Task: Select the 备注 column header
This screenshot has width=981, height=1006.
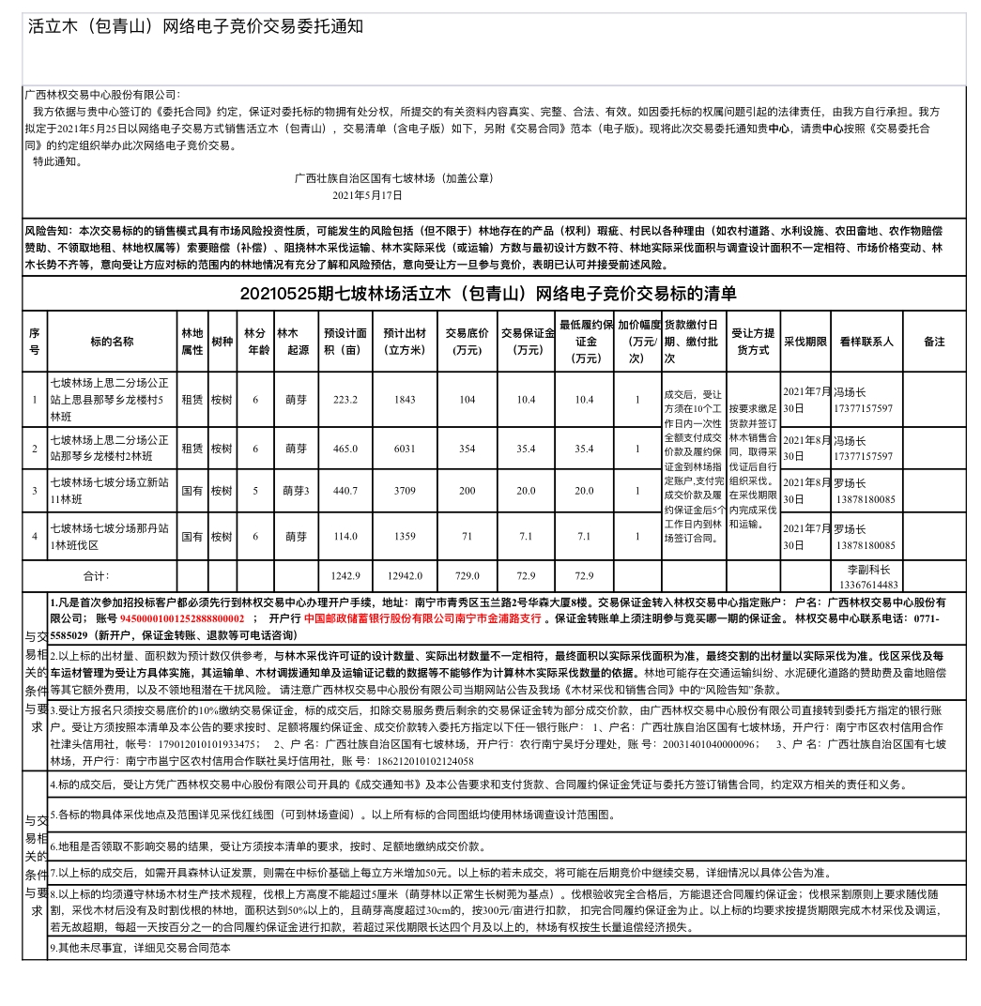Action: [933, 342]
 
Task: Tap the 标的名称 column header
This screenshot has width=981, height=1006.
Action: [113, 342]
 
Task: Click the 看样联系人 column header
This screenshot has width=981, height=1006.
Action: [866, 342]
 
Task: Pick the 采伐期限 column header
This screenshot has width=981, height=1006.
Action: [805, 342]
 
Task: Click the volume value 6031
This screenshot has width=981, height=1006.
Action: [405, 449]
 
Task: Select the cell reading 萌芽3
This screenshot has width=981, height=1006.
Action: [297, 491]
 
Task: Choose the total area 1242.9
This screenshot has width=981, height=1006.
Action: [345, 575]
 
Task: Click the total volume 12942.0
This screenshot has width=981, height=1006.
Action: [405, 575]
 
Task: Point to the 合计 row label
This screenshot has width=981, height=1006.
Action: [98, 575]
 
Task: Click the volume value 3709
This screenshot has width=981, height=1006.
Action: [405, 491]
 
